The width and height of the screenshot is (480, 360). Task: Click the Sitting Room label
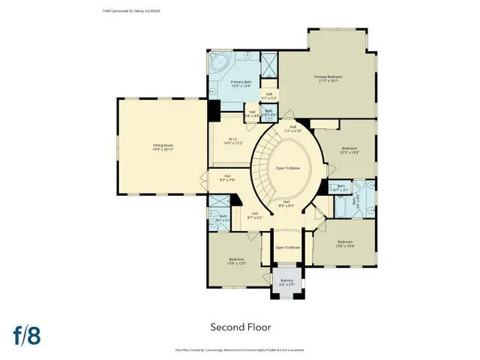[163, 148]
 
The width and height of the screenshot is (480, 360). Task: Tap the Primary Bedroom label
[328, 79]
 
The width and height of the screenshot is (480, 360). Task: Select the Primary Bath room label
[241, 83]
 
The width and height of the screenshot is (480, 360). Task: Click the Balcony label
[286, 282]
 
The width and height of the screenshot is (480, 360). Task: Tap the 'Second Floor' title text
[240, 327]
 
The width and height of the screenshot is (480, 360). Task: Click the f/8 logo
[25, 334]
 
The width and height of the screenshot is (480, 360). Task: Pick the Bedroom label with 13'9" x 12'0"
[236, 262]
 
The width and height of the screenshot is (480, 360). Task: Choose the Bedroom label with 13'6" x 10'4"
[344, 243]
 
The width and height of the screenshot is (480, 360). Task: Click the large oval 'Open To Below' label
[287, 168]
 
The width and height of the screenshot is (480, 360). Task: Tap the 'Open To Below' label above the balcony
[287, 247]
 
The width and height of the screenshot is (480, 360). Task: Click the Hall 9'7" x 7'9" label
[227, 178]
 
